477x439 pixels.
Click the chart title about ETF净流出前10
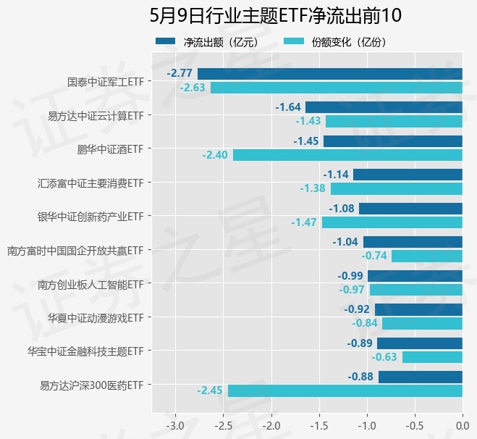(275, 16)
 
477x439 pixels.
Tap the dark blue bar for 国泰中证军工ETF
(330, 73)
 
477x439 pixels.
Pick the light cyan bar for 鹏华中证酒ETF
(347, 155)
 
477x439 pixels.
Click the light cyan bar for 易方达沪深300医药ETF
(345, 390)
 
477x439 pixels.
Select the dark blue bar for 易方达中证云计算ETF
(384, 107)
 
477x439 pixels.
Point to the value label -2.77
(180, 73)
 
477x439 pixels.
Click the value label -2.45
(210, 390)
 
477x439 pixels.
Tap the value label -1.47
(304, 222)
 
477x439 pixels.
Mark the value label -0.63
(384, 356)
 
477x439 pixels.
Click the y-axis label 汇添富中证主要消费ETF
(91, 183)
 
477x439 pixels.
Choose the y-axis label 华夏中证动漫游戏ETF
(96, 317)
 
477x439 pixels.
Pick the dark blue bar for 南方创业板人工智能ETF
(415, 275)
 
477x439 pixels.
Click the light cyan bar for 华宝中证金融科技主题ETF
(432, 356)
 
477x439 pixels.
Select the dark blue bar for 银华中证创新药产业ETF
(410, 209)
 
